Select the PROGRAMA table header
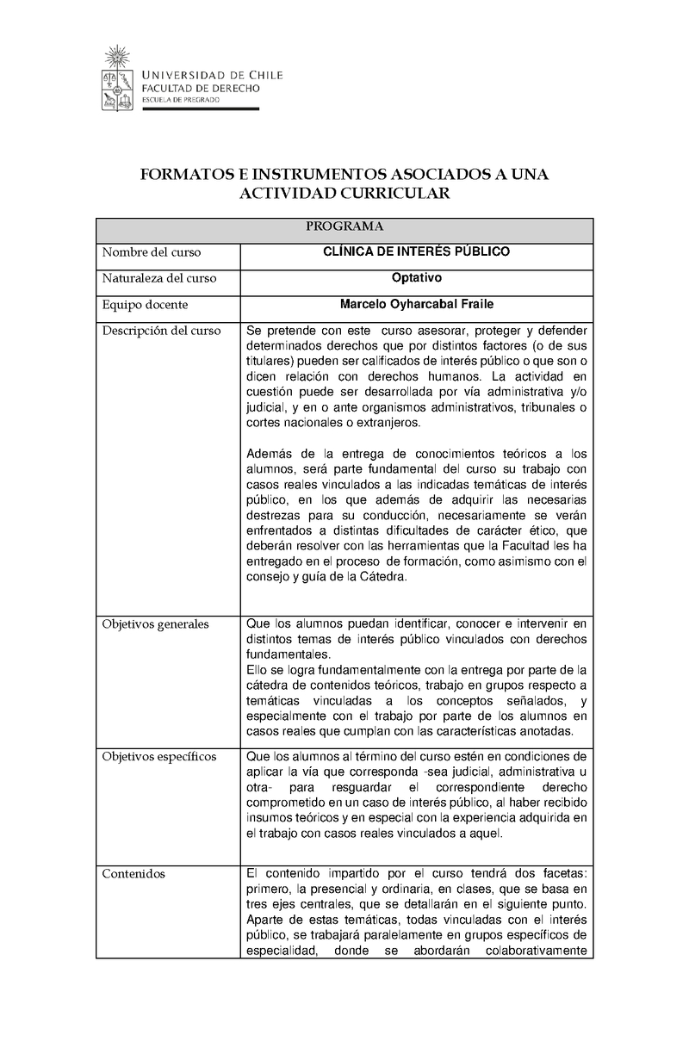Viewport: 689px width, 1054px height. (x=344, y=227)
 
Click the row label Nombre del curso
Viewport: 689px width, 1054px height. (x=152, y=252)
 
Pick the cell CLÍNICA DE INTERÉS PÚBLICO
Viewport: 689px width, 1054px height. (x=416, y=252)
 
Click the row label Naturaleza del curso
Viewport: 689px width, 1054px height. (x=159, y=278)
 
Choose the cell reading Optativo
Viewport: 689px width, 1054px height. (x=416, y=278)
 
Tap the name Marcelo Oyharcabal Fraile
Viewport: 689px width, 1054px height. (x=416, y=305)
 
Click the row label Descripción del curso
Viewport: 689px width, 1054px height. (x=161, y=331)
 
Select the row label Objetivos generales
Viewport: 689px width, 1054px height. (x=155, y=624)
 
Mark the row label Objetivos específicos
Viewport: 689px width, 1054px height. (x=158, y=757)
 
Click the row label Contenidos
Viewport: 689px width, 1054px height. (x=133, y=874)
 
